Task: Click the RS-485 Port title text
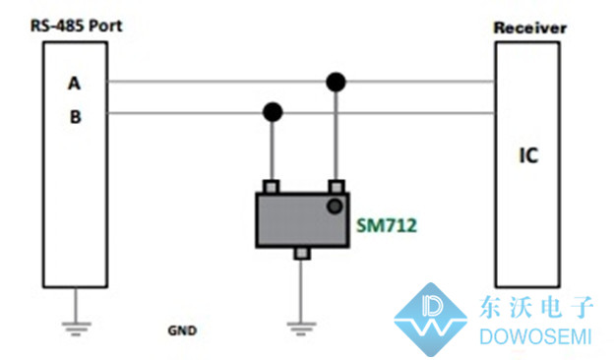(x=77, y=26)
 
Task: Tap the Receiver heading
(x=529, y=28)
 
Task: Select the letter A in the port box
(x=75, y=84)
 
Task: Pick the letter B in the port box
(x=75, y=117)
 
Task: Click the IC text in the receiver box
(x=528, y=155)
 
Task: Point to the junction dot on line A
(x=336, y=83)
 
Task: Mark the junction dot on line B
(x=273, y=112)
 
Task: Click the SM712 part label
(x=387, y=225)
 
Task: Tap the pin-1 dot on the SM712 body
(x=335, y=207)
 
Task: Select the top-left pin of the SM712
(x=271, y=187)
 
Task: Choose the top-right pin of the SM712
(x=337, y=187)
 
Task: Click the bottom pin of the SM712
(x=301, y=253)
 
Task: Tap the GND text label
(x=182, y=330)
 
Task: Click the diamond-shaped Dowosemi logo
(x=431, y=319)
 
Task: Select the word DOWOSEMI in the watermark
(x=535, y=337)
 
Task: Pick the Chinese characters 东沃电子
(x=536, y=307)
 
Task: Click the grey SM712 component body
(x=302, y=220)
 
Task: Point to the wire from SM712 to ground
(x=301, y=290)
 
